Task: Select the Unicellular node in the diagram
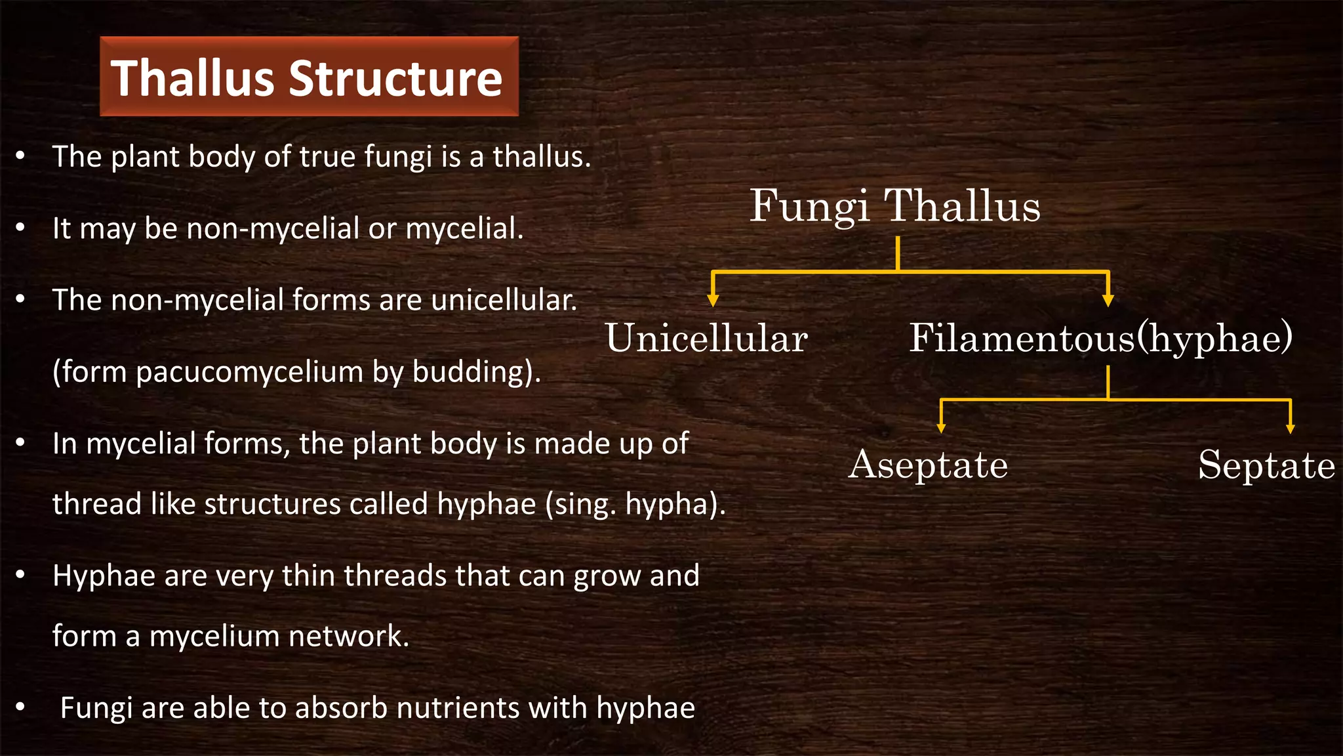tap(706, 339)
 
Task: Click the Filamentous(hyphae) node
tap(1100, 339)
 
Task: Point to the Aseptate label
tap(928, 465)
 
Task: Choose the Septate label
tap(1266, 465)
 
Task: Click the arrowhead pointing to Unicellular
tap(713, 301)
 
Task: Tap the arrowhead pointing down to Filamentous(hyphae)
tap(1108, 301)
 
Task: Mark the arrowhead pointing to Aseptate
tap(941, 429)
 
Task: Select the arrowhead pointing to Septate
tap(1290, 429)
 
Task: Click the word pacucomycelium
tap(250, 372)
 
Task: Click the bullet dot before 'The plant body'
tap(20, 156)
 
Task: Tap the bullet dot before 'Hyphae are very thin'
tap(20, 576)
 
